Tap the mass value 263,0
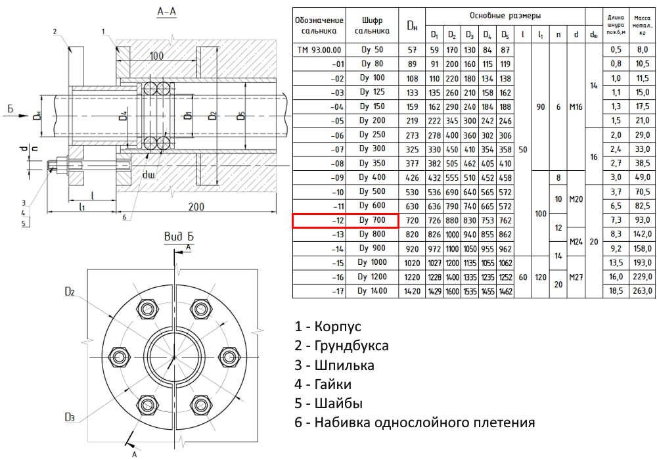click(642, 290)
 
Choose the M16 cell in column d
click(576, 106)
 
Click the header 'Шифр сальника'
click(373, 25)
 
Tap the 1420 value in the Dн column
click(412, 290)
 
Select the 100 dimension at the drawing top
click(156, 56)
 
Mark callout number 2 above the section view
click(56, 31)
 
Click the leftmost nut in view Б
click(120, 357)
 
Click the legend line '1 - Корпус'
click(328, 326)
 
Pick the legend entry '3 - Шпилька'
click(334, 365)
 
